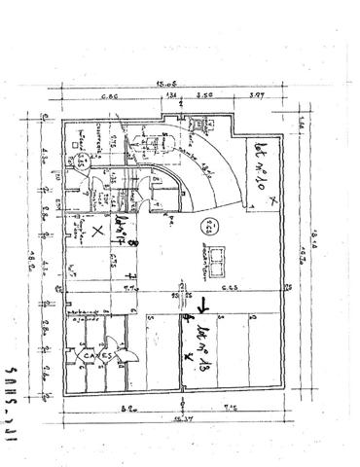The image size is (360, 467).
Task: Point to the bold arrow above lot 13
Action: coord(199,311)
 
